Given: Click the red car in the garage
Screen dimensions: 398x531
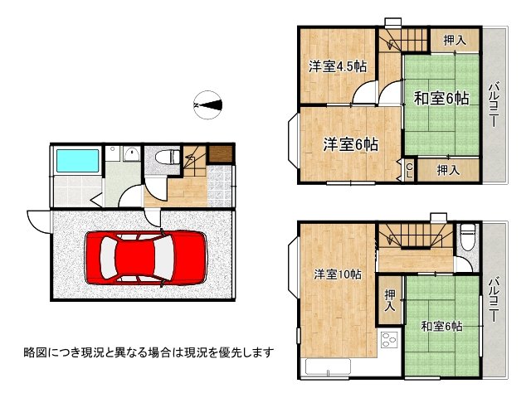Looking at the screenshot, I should pyautogui.click(x=144, y=257).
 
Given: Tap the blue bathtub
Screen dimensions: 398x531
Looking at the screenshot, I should pyautogui.click(x=76, y=159).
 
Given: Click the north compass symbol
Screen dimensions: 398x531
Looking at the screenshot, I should pyautogui.click(x=208, y=104).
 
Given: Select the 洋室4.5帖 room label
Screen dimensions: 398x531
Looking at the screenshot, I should pyautogui.click(x=338, y=67).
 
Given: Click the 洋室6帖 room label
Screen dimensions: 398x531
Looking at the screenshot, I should pyautogui.click(x=350, y=144).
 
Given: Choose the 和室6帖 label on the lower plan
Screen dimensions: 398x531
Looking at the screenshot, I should pyautogui.click(x=441, y=326).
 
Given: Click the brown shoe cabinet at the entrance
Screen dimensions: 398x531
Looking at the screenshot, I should pyautogui.click(x=220, y=154).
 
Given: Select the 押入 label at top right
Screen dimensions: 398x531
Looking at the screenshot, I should pyautogui.click(x=454, y=39).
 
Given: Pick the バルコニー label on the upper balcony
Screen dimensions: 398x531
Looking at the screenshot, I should pyautogui.click(x=493, y=104).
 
